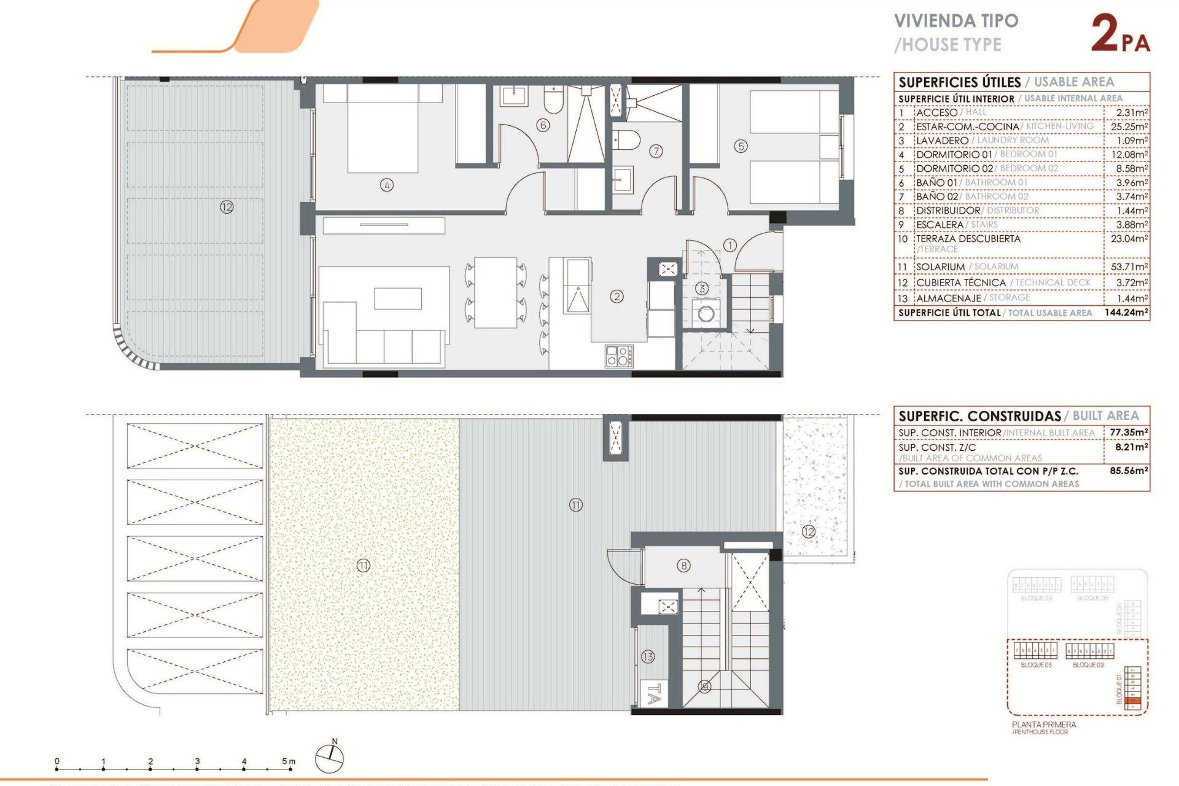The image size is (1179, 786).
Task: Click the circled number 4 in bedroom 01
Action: pyautogui.click(x=386, y=184)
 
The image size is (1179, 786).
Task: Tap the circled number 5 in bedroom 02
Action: pyautogui.click(x=741, y=146)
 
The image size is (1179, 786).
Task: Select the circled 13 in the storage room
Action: pyautogui.click(x=648, y=656)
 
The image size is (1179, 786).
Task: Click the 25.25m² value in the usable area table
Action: pyautogui.click(x=1129, y=126)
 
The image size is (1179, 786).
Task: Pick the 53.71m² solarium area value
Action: pyautogui.click(x=1129, y=267)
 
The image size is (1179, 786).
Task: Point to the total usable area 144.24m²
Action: pyautogui.click(x=1126, y=312)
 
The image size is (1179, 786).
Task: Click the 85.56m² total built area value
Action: pyautogui.click(x=1128, y=471)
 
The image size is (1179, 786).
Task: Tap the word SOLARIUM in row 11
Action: pyautogui.click(x=940, y=267)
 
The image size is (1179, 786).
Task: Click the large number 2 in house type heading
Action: pyautogui.click(x=1105, y=33)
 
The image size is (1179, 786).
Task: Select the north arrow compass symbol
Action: pyautogui.click(x=330, y=758)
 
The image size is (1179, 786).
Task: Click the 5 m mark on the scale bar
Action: pyautogui.click(x=288, y=761)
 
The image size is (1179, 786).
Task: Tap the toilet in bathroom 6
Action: pyautogui.click(x=553, y=100)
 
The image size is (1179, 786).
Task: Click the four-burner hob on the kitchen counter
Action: pyautogui.click(x=619, y=356)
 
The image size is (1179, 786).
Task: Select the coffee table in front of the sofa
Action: pyautogui.click(x=398, y=298)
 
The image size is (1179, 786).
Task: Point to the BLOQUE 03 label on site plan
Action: pyautogui.click(x=1036, y=665)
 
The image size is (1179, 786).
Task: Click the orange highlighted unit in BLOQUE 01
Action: pyautogui.click(x=1134, y=701)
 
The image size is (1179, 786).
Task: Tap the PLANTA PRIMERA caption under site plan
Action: pyautogui.click(x=1044, y=725)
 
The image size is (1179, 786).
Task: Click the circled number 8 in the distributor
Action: pyautogui.click(x=683, y=565)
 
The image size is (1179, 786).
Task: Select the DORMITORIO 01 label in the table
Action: pyautogui.click(x=954, y=154)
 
